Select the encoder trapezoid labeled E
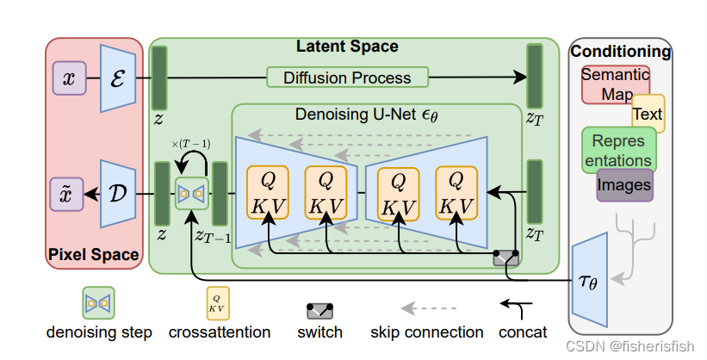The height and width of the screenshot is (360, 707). pos(115,78)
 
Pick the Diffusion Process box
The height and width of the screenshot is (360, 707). pos(346,78)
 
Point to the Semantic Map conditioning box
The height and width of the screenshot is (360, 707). pos(614,84)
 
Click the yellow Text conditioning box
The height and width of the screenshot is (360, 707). pos(648,114)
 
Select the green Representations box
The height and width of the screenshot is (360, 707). pos(617,149)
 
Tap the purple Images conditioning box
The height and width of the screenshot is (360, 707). pos(624,184)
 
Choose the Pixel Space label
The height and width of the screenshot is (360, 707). pos(94,255)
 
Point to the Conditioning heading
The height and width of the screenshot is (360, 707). pos(620,52)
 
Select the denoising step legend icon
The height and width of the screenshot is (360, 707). pos(97,303)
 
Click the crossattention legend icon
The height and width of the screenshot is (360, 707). pos(219,303)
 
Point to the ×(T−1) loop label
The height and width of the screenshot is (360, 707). pos(192,142)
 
